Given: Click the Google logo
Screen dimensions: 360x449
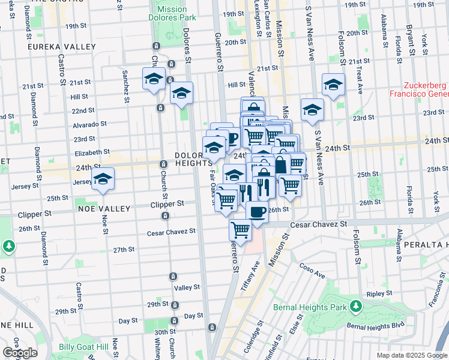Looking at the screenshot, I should pyautogui.click(x=20, y=353).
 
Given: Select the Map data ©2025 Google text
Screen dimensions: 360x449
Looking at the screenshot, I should pyautogui.click(x=411, y=355).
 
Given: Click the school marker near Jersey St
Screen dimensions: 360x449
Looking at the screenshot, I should pyautogui.click(x=103, y=180).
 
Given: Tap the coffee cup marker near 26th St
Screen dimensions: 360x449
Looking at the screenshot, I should pyautogui.click(x=258, y=212).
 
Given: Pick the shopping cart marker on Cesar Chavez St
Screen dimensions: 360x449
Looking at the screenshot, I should pyautogui.click(x=241, y=229).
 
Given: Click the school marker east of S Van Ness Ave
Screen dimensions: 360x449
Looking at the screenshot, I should pyautogui.click(x=333, y=85).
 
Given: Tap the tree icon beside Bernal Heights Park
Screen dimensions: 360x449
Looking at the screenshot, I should pyautogui.click(x=356, y=307).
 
